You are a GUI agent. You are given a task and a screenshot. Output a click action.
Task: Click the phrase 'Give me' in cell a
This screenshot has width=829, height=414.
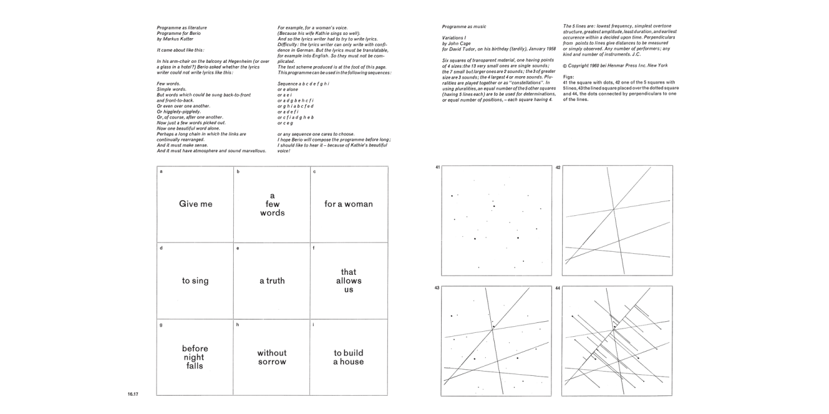196,204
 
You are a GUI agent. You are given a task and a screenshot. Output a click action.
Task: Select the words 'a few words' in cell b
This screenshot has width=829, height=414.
272,204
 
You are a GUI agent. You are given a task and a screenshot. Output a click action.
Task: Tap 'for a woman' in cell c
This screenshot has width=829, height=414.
348,204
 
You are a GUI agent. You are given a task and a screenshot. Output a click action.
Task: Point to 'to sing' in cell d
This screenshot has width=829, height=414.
195,280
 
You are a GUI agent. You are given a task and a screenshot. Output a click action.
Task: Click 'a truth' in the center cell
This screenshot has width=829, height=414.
272,280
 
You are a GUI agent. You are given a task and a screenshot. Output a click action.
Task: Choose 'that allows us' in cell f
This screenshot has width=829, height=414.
349,280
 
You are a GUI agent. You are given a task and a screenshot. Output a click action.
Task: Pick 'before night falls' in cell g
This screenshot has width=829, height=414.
195,357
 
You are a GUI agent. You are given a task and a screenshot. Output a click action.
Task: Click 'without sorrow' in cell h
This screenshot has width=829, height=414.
272,357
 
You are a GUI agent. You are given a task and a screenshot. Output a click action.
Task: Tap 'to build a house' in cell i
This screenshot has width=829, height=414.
348,357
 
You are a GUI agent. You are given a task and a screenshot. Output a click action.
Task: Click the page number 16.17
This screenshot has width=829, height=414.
133,394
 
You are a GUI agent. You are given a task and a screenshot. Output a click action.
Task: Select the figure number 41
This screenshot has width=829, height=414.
437,167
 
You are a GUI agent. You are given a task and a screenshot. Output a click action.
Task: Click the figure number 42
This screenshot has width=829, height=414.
558,167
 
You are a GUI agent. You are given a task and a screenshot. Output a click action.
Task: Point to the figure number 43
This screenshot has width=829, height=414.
437,288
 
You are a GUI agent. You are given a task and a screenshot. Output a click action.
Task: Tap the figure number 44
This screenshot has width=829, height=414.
558,288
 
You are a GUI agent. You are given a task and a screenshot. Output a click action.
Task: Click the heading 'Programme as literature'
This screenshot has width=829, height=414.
182,27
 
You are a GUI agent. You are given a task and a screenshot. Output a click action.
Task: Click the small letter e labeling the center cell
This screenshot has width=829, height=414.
238,248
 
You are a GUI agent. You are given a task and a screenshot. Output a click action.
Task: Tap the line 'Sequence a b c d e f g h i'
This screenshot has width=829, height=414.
303,83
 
